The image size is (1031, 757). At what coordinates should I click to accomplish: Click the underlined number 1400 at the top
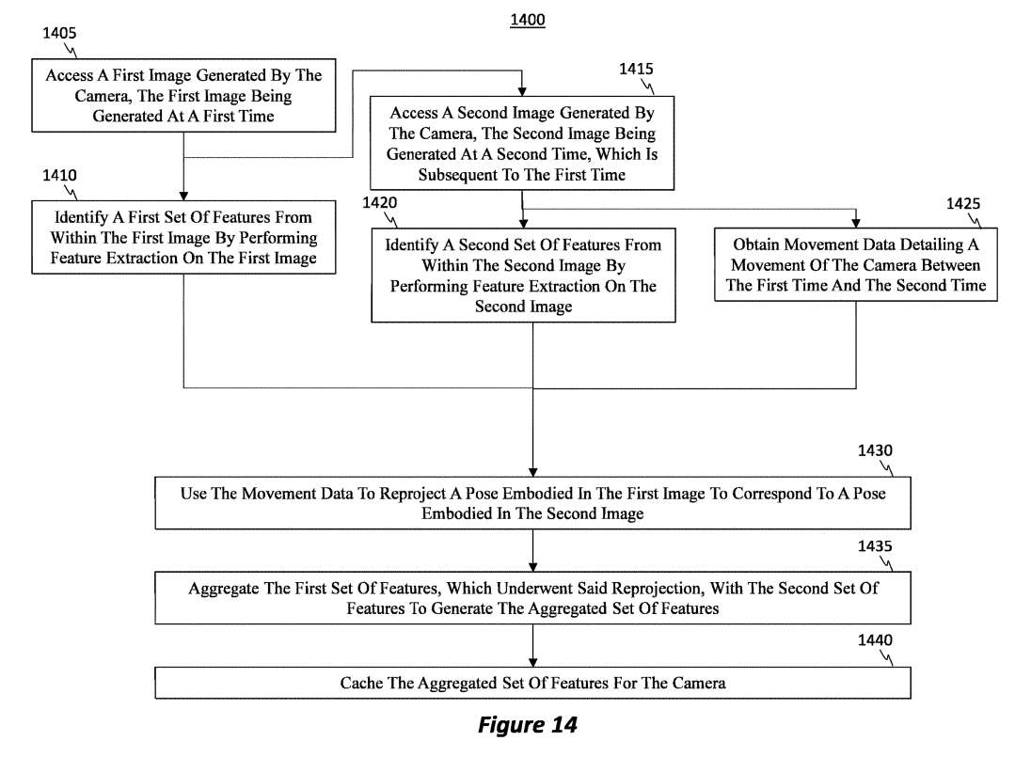(527, 20)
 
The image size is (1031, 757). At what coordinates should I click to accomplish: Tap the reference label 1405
(59, 33)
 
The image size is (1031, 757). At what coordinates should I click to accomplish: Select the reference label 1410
(59, 175)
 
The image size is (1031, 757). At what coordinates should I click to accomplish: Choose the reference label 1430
(875, 450)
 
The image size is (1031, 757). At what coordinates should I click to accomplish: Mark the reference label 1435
(875, 545)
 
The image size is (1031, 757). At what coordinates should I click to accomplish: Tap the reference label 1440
(875, 640)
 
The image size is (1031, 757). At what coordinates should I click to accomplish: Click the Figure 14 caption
(527, 725)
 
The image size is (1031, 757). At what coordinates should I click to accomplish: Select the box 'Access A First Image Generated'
(183, 96)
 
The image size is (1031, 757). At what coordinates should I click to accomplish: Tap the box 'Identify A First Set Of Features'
(183, 238)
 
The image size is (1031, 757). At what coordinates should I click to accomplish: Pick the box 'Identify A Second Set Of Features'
(523, 275)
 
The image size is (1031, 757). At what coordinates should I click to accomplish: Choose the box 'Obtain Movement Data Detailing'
(856, 265)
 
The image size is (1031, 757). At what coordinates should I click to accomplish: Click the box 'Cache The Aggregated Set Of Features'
(532, 683)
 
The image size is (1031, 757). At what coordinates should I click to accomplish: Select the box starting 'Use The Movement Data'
(532, 504)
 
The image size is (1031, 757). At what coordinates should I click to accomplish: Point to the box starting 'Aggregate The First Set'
(532, 599)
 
